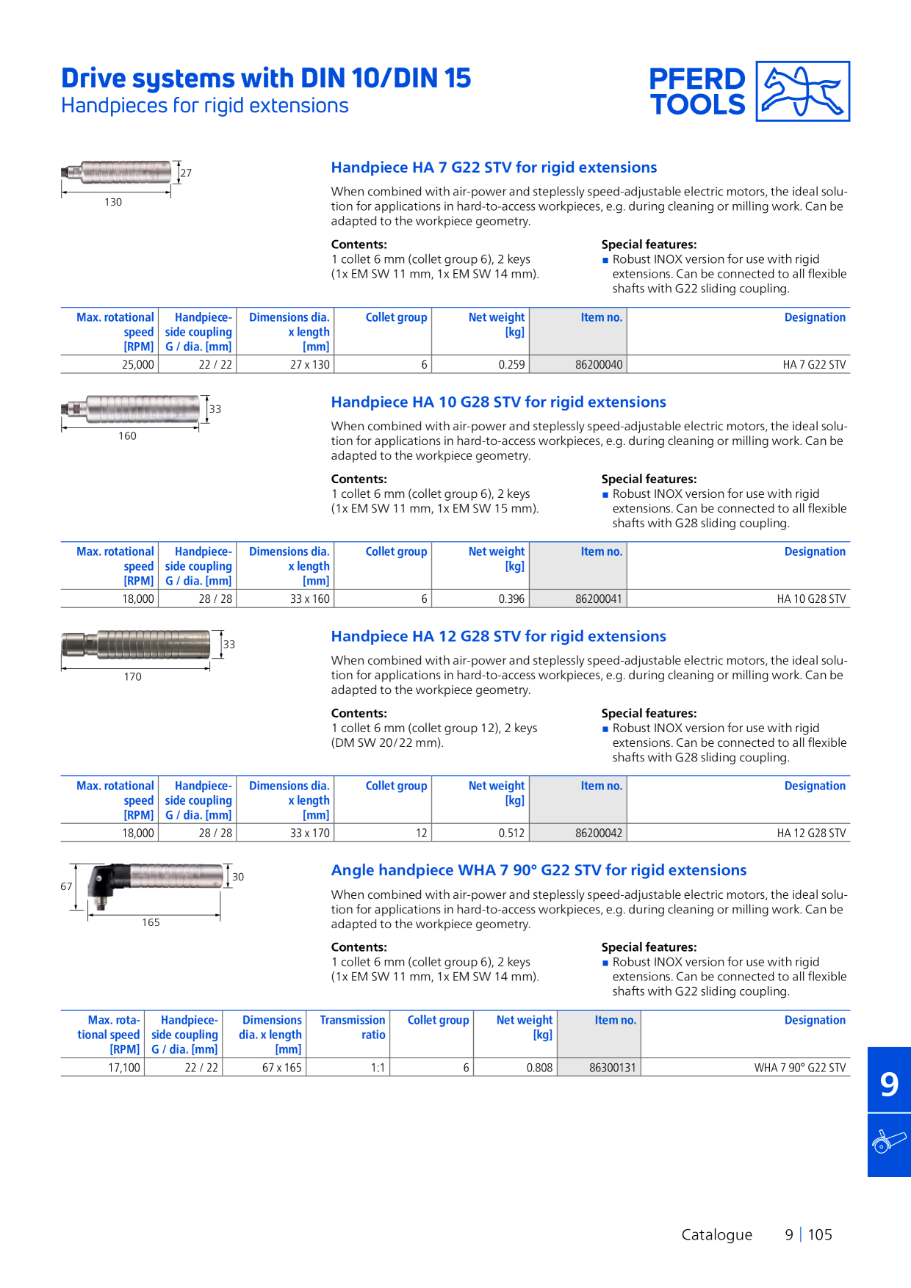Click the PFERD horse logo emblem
tap(803, 91)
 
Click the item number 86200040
tap(599, 365)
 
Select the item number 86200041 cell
tap(599, 599)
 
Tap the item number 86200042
tap(599, 833)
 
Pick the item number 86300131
tap(613, 1068)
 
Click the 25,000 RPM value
tap(138, 365)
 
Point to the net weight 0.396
tap(511, 599)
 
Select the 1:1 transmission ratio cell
tap(378, 1068)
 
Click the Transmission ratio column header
tap(353, 1027)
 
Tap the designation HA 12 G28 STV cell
tap(811, 833)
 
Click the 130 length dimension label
tap(113, 202)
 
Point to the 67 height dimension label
tap(66, 886)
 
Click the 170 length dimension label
tap(133, 676)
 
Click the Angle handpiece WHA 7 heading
tap(539, 870)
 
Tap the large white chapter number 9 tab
tap(889, 1084)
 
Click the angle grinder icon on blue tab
tap(889, 1143)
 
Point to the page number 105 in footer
tap(820, 1234)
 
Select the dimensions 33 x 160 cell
tap(310, 599)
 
